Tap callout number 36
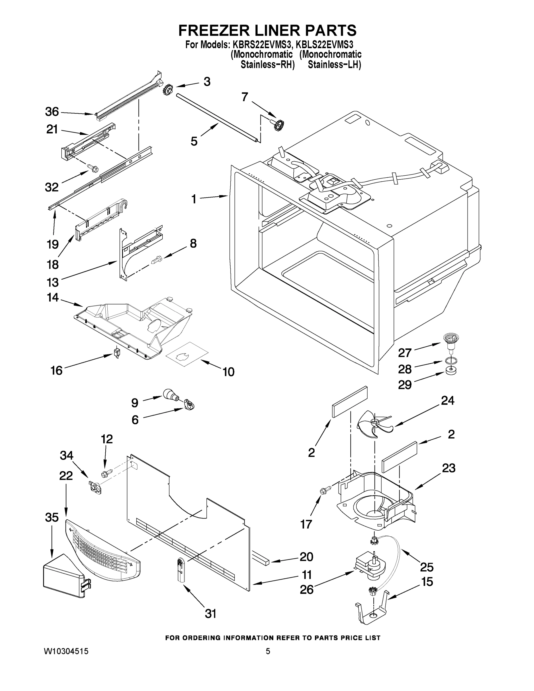52,112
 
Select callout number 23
449,468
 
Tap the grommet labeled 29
451,371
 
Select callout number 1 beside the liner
194,199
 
